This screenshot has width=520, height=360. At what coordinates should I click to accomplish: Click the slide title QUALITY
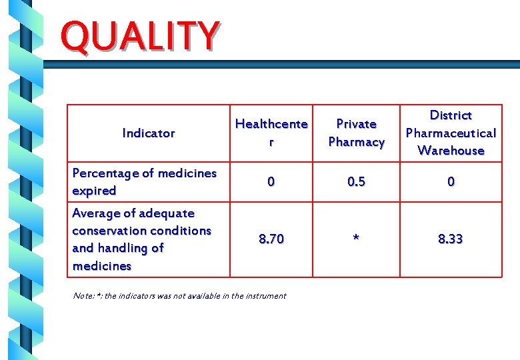pos(139,37)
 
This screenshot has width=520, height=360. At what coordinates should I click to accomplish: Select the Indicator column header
pos(149,133)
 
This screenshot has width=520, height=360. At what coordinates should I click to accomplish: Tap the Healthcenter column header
pos(271,133)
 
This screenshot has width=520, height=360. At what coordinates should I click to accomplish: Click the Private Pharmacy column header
pos(356,133)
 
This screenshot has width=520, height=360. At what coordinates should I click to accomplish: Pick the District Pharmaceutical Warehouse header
pos(451,133)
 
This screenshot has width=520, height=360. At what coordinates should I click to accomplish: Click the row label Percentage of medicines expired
pos(144,182)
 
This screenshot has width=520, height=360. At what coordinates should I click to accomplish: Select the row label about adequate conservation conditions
pos(141,239)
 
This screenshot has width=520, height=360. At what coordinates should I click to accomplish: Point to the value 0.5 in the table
pos(356,182)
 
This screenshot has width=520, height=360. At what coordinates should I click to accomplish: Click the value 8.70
pos(271,239)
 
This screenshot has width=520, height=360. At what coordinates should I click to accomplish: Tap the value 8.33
pos(451,239)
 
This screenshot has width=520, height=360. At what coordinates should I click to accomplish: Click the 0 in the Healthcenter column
pos(271,182)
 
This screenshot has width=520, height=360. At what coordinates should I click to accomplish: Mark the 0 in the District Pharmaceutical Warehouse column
pos(451,182)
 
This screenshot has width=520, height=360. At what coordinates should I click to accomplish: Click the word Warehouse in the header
pos(451,151)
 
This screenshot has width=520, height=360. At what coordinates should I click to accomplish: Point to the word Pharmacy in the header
pos(356,142)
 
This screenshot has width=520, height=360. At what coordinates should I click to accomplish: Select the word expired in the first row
pos(94,191)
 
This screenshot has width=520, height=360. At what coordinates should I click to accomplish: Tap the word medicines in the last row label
pos(101,266)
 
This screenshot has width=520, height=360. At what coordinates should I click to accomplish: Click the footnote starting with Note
pos(179,295)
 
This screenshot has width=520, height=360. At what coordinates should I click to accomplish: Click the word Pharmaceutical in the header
pos(451,133)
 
